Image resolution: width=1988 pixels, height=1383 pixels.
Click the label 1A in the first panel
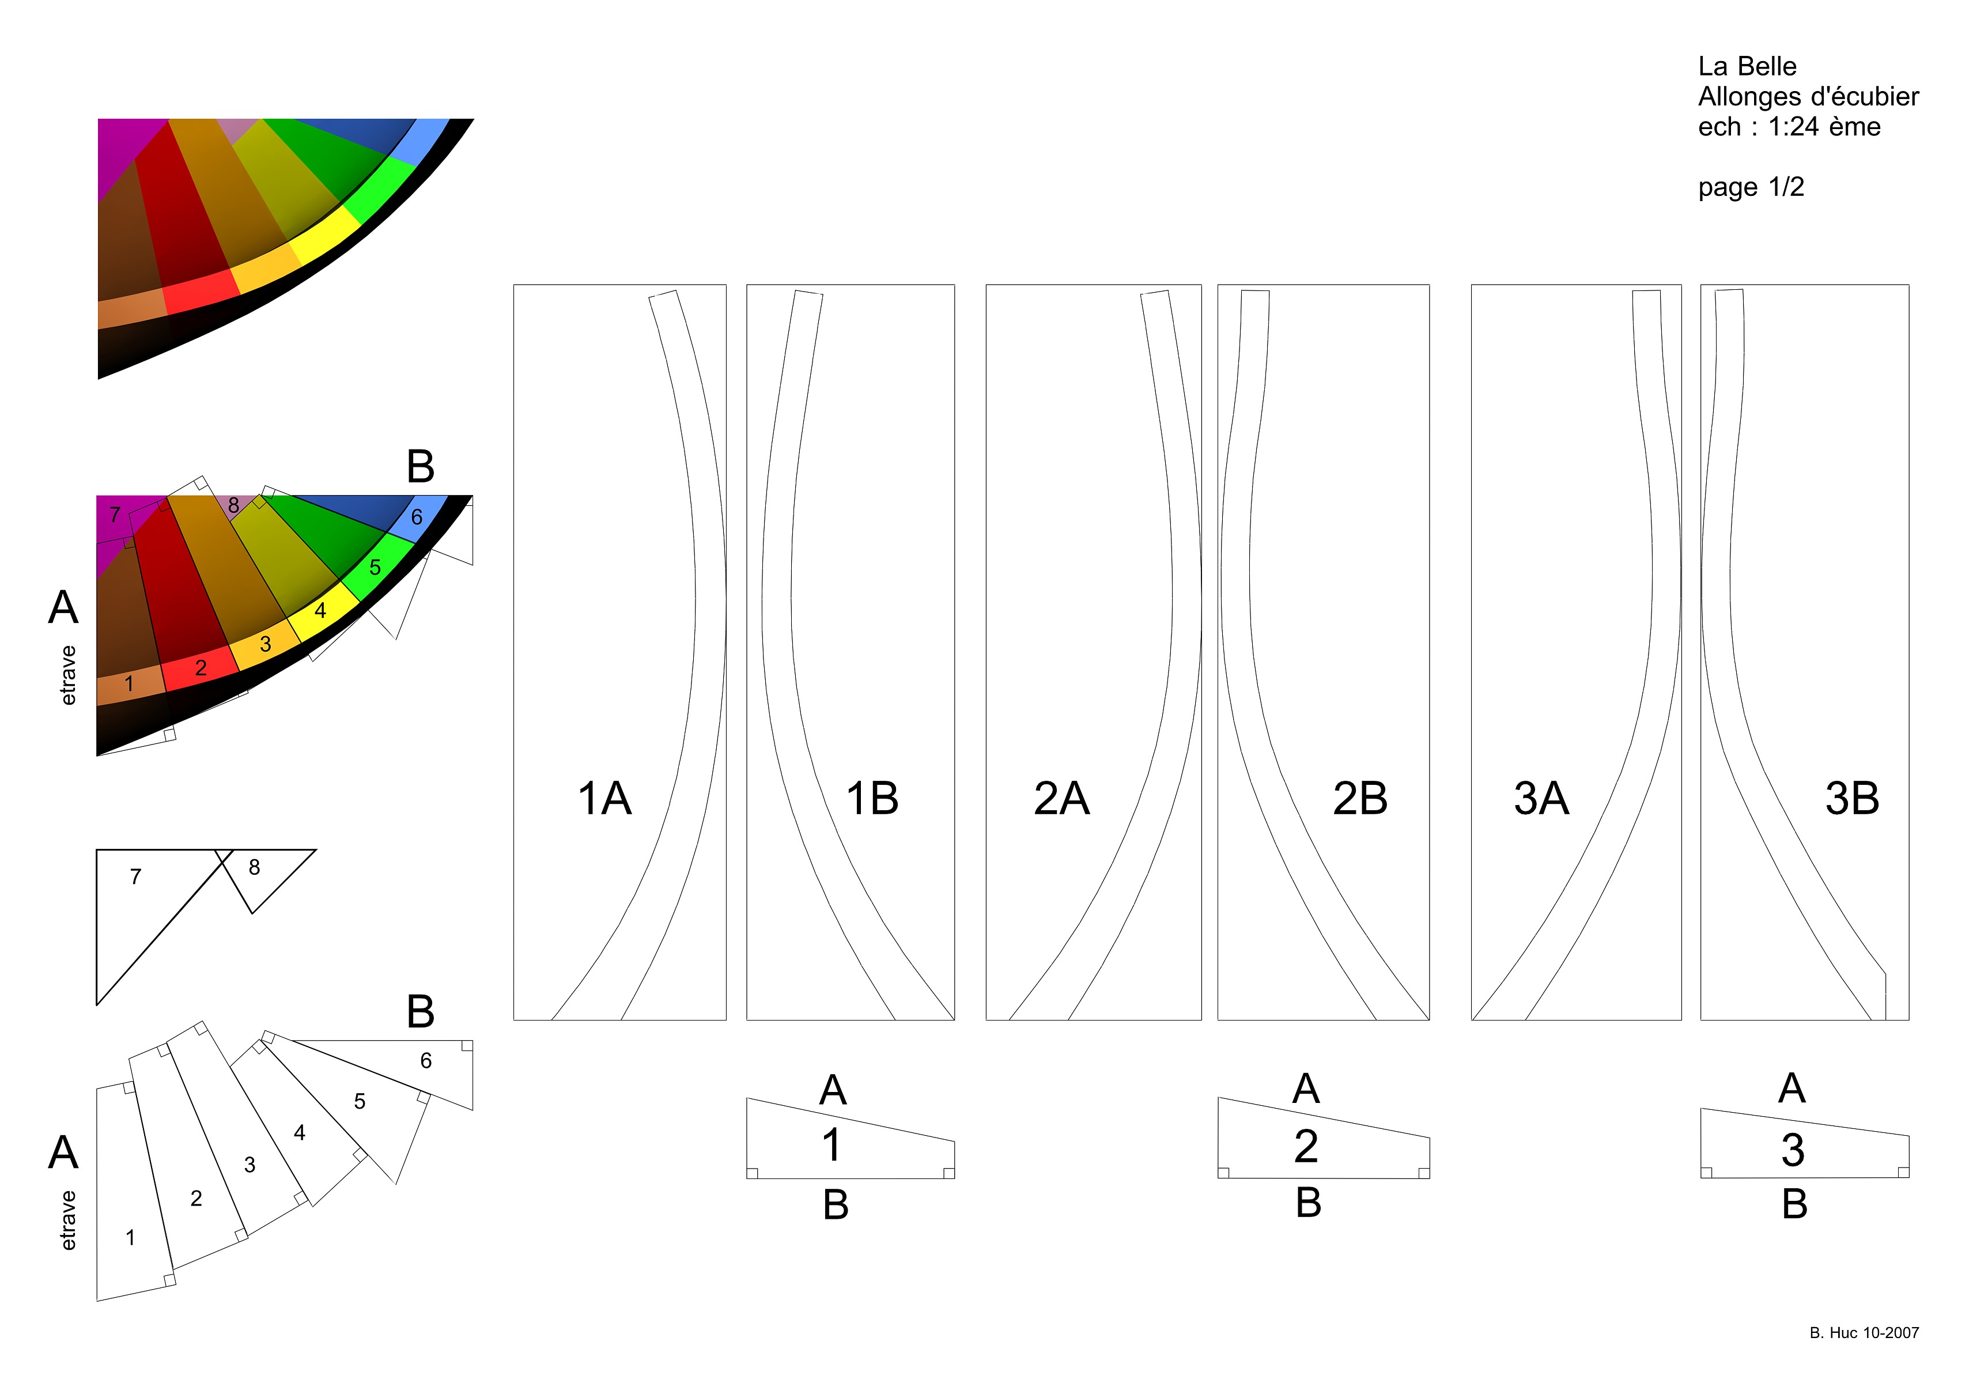[x=604, y=799]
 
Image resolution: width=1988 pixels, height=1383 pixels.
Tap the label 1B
[x=872, y=799]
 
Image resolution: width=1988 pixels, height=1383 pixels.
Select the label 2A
[x=1061, y=799]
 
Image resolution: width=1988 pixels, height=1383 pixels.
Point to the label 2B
[x=1360, y=799]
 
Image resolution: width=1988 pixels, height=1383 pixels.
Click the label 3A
[x=1541, y=799]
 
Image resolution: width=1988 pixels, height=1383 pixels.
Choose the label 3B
[x=1852, y=799]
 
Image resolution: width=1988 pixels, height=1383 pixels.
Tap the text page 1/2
[x=1751, y=187]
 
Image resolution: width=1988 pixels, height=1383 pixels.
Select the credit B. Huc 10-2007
[x=1864, y=1333]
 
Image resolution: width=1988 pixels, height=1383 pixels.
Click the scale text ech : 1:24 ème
[x=1789, y=126]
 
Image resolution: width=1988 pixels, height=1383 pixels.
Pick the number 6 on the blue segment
[x=417, y=517]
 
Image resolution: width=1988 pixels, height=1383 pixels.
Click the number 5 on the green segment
[x=375, y=567]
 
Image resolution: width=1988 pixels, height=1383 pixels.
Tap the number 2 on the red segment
[x=201, y=668]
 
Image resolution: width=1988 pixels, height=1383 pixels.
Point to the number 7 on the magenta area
[x=114, y=515]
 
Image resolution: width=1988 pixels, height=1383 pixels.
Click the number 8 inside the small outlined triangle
[x=254, y=867]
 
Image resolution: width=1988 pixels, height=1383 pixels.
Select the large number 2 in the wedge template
[x=1306, y=1146]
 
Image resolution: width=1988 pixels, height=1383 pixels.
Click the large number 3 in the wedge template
[x=1792, y=1150]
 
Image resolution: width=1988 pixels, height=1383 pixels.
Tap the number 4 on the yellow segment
[x=320, y=610]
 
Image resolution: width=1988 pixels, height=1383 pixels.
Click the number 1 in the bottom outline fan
[x=130, y=1238]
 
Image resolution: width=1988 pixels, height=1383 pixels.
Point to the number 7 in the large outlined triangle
[x=135, y=877]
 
